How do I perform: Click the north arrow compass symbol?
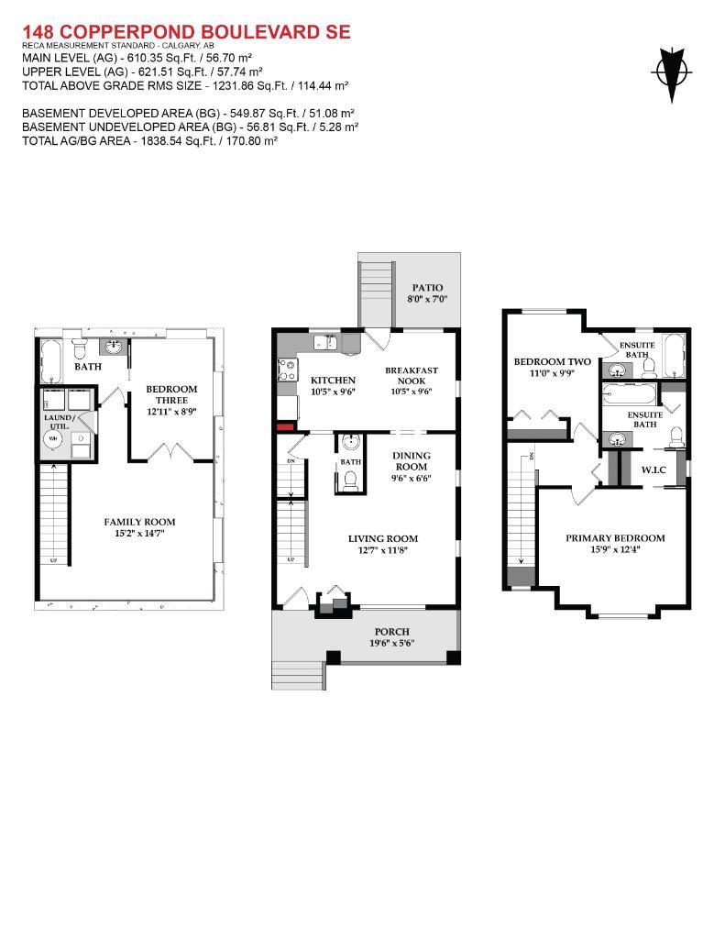(672, 72)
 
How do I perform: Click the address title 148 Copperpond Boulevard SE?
(186, 32)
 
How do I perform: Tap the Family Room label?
(139, 522)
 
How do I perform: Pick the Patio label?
(427, 288)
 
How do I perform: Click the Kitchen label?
(333, 380)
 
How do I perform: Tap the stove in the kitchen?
(286, 370)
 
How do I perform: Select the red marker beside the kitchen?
(285, 426)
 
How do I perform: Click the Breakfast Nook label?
(412, 375)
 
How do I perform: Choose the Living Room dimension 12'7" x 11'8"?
(382, 550)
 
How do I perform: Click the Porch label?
(391, 632)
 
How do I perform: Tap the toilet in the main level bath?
(349, 480)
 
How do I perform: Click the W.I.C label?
(653, 469)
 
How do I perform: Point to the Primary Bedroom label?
(615, 538)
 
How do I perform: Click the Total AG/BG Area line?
(149, 141)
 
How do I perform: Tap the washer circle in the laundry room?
(52, 438)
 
